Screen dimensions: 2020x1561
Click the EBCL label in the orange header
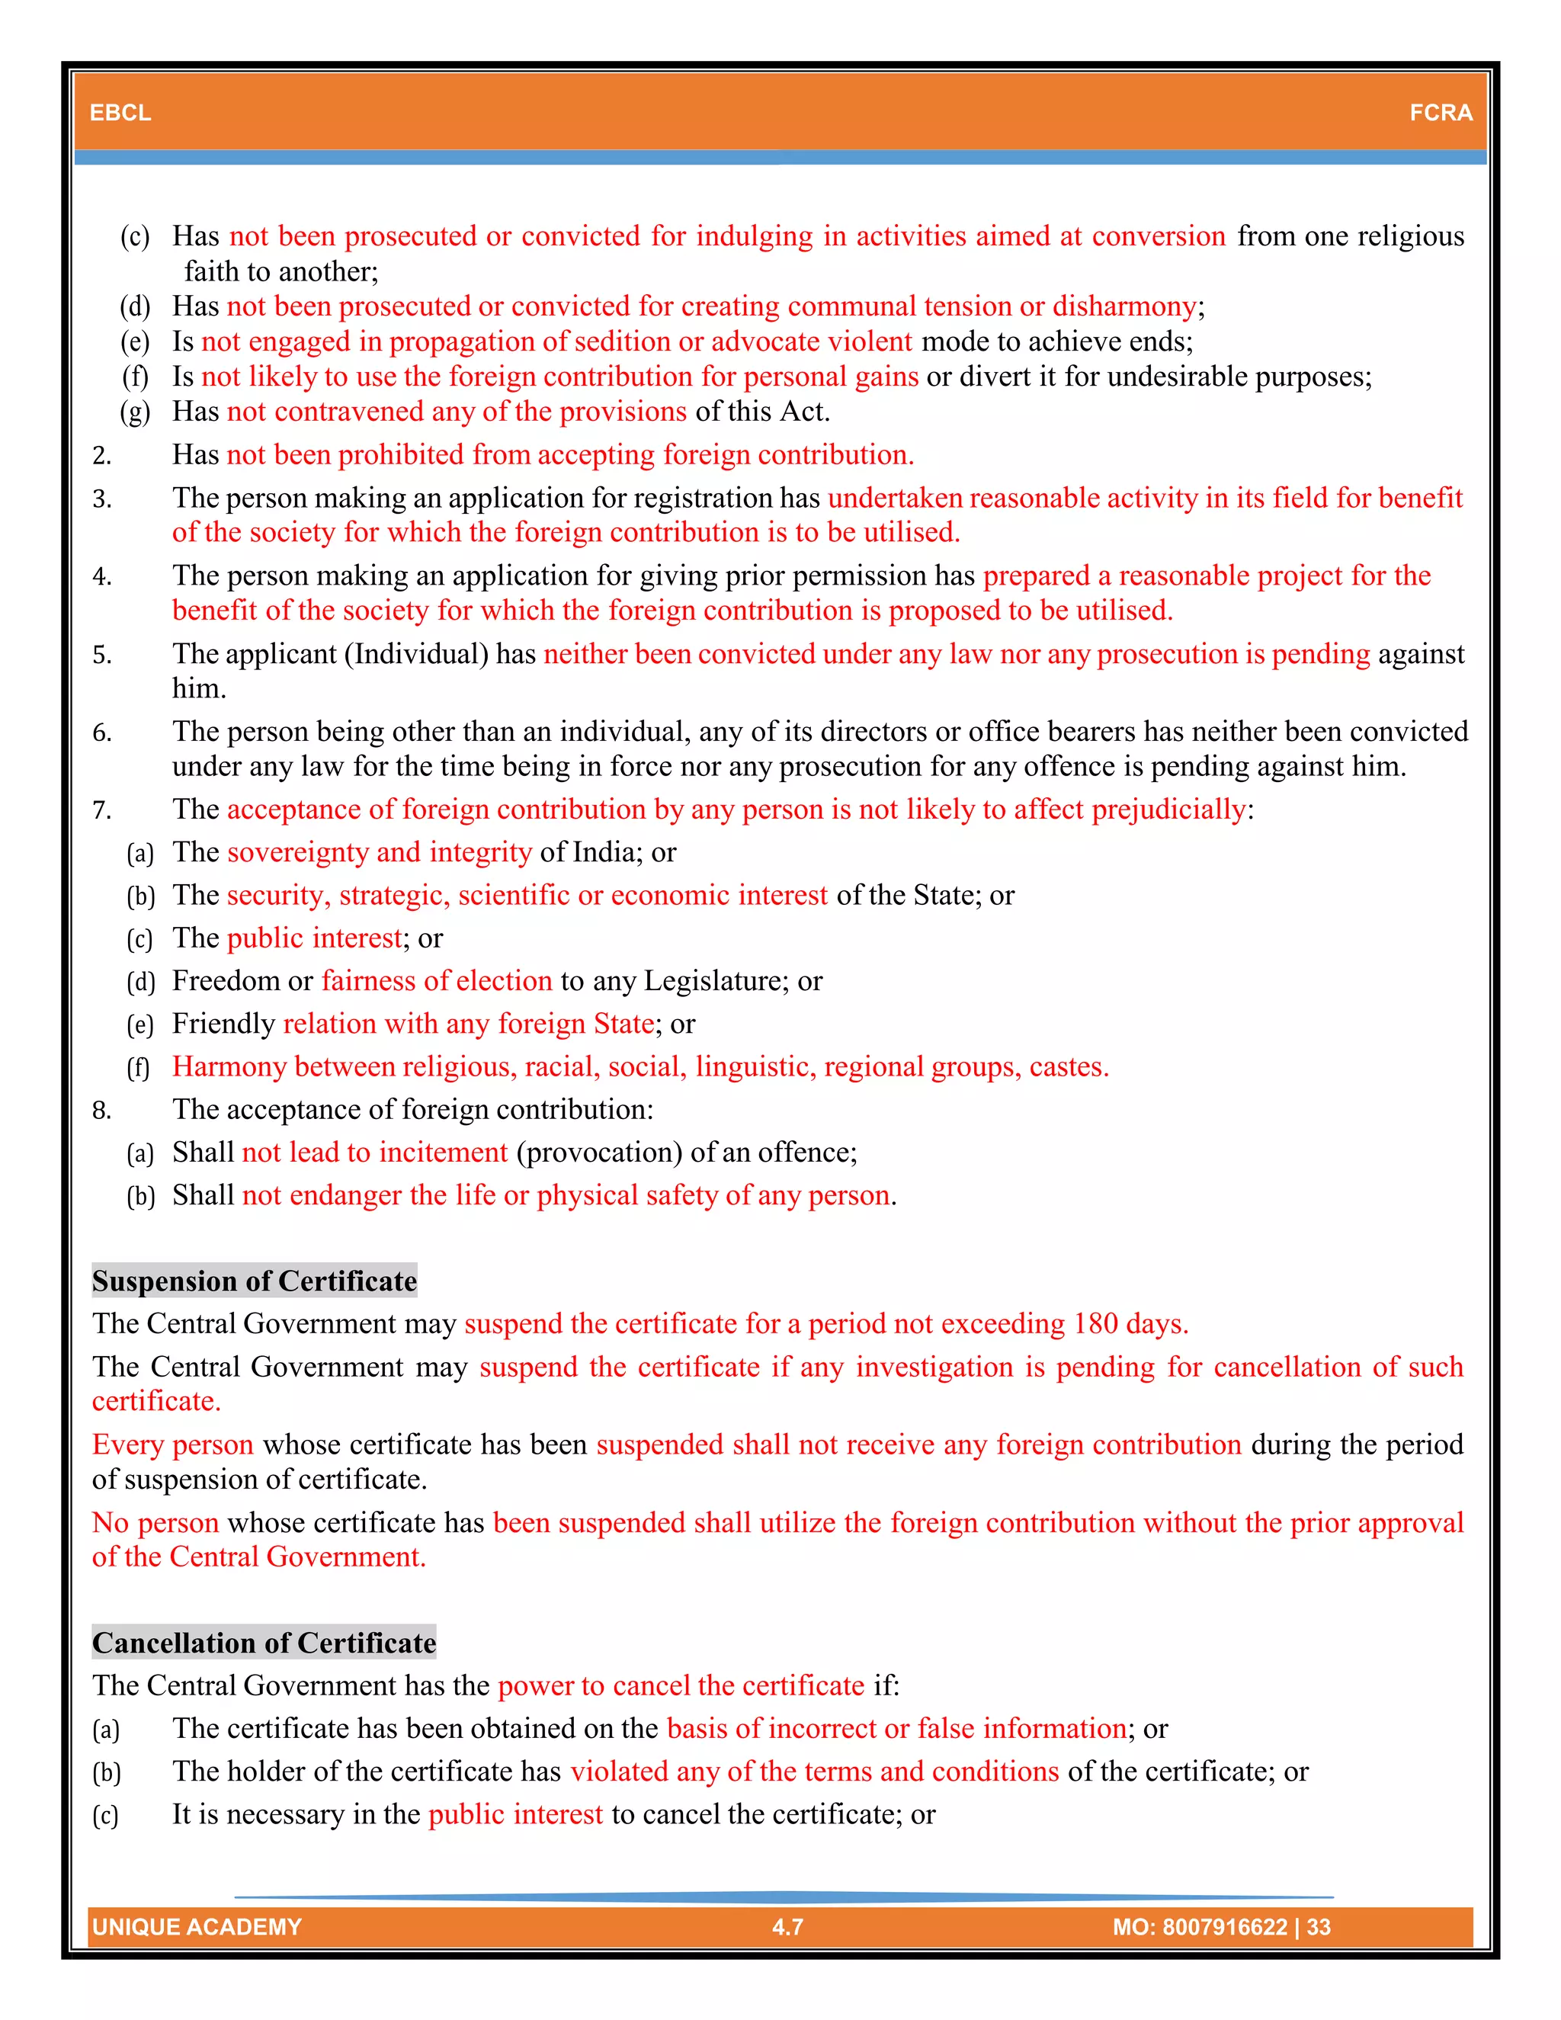pos(120,113)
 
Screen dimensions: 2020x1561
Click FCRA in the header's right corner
pos(1440,113)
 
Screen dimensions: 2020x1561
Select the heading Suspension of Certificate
pos(255,1281)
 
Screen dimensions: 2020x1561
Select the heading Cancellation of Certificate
pos(264,1643)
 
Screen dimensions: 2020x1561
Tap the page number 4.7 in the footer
pos(787,1926)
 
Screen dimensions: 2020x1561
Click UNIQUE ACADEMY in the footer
pos(197,1926)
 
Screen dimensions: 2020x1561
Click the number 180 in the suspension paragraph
pos(1096,1323)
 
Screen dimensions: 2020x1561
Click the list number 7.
pos(101,810)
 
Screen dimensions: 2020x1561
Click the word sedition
pos(623,341)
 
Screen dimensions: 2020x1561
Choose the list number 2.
pos(101,455)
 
